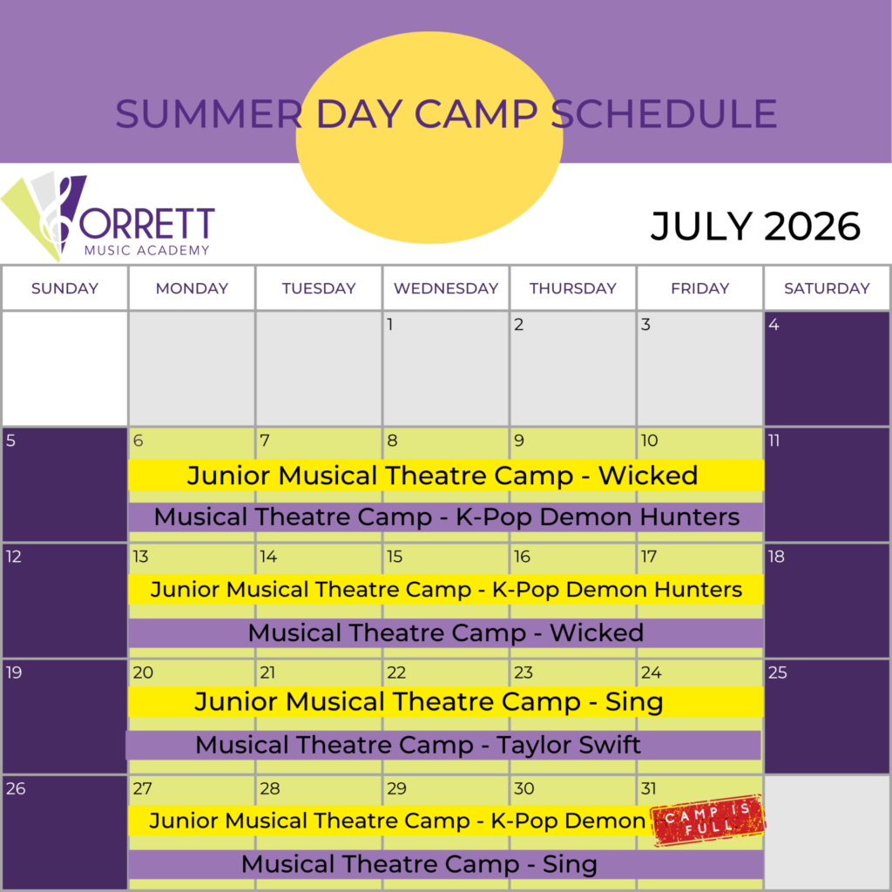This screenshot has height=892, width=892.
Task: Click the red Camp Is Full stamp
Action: (x=708, y=821)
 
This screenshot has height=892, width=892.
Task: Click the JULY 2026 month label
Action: (x=755, y=227)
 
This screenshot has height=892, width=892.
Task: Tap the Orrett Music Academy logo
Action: (x=108, y=219)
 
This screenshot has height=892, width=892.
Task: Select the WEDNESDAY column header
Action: (x=446, y=288)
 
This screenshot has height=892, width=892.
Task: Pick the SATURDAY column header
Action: (x=827, y=288)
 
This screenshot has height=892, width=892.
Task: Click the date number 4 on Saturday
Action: (x=774, y=325)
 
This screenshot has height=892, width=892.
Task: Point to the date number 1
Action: (x=390, y=325)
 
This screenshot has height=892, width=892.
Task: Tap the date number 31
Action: (x=648, y=788)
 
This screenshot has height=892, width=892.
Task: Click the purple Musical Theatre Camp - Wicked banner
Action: (x=446, y=633)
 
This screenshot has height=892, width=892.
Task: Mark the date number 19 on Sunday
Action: (x=13, y=672)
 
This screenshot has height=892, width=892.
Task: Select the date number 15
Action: (x=395, y=557)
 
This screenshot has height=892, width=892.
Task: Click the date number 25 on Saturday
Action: (x=777, y=672)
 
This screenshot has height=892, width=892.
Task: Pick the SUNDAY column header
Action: (x=65, y=288)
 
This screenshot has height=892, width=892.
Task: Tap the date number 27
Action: (x=142, y=788)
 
